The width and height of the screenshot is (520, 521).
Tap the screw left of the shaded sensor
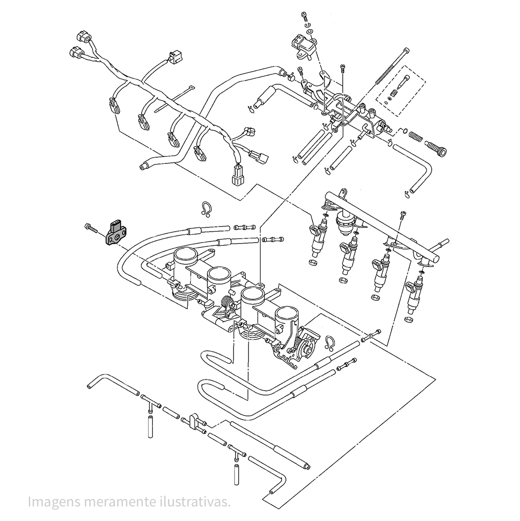91,227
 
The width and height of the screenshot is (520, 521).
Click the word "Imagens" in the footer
54,501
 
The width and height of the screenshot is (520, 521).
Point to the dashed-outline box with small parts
400,91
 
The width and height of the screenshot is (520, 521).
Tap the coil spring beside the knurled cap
415,136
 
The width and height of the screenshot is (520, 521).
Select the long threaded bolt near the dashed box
392,67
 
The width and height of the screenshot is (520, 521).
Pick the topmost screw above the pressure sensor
305,16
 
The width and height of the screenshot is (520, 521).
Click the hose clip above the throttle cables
206,209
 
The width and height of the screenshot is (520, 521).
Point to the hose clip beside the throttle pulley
329,343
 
